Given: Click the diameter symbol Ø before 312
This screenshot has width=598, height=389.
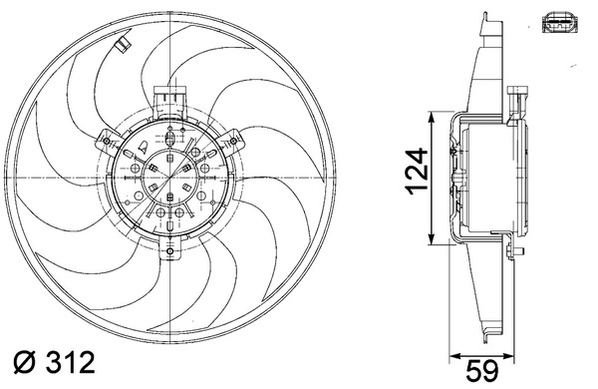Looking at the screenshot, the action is (24, 362).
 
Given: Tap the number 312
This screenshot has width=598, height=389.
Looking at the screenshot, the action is (70, 362).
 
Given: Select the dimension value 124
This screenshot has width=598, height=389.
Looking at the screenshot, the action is (416, 172).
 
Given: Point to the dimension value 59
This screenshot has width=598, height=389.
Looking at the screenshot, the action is (482, 370).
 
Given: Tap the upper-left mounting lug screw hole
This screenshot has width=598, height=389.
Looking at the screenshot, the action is (107, 143).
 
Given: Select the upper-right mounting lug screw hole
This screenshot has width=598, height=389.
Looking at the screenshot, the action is (233, 142).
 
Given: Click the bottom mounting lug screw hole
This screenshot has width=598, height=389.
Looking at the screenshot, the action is (170, 251).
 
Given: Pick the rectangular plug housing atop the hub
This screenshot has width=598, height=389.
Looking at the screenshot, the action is (169, 99).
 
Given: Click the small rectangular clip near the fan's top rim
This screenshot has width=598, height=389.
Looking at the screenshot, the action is (123, 44).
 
